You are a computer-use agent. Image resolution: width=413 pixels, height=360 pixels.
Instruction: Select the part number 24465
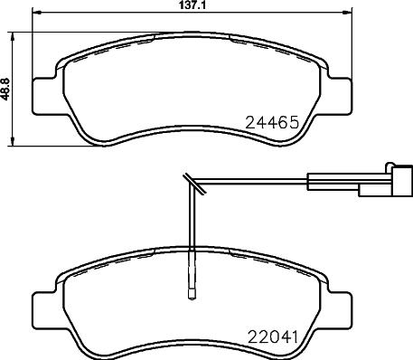coord(275,120)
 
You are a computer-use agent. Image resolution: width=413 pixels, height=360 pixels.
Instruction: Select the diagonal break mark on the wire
coord(191,185)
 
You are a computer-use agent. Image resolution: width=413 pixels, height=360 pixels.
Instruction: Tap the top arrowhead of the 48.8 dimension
coord(13,36)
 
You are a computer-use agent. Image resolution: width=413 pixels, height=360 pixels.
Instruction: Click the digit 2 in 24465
coord(250,120)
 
